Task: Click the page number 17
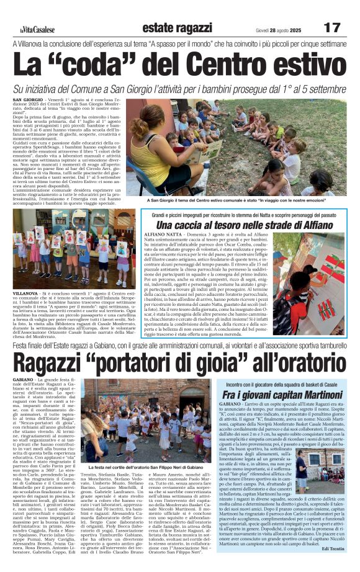[333, 27]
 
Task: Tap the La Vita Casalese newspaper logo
[37, 29]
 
